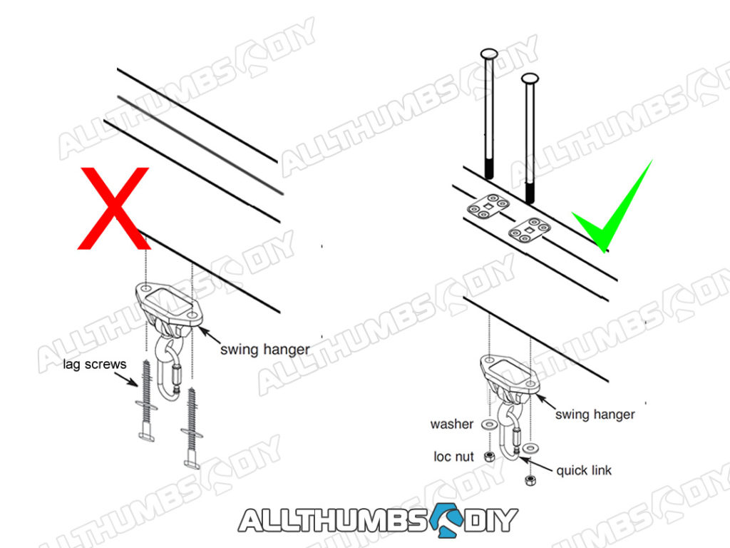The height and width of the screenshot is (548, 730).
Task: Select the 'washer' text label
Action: (451, 425)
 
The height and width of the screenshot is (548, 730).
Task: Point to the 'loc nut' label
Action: (453, 457)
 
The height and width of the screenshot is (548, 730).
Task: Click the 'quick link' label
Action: (584, 470)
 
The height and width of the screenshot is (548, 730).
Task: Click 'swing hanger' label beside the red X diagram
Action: (264, 350)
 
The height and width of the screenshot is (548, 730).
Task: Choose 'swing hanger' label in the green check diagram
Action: (595, 414)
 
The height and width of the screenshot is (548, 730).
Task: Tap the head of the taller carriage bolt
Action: (489, 54)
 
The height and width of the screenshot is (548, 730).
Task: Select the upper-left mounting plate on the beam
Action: (488, 208)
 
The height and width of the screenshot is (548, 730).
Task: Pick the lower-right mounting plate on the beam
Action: (528, 230)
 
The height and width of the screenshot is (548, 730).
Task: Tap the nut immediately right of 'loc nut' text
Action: (490, 457)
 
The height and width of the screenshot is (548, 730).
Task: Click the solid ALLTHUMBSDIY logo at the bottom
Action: (378, 519)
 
